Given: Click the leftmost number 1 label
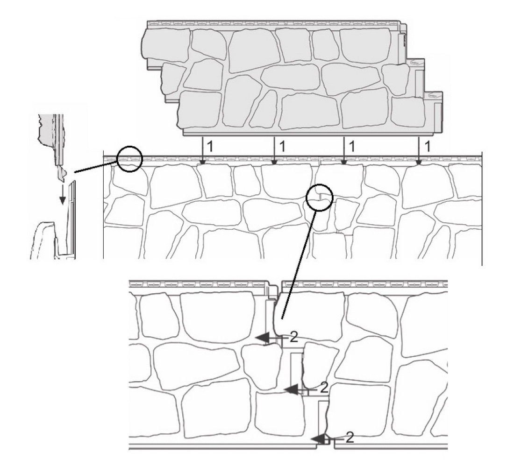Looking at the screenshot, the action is click(x=210, y=147).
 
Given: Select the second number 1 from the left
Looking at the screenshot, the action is click(x=282, y=147).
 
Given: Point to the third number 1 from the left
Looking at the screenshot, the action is click(x=352, y=147).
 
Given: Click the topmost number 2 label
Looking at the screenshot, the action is click(x=294, y=337).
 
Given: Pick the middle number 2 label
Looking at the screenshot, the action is click(x=324, y=388).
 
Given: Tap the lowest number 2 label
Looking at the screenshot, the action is click(x=350, y=438).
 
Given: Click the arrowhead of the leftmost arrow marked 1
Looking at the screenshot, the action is click(x=203, y=163).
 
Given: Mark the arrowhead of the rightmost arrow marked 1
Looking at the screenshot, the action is click(x=419, y=163).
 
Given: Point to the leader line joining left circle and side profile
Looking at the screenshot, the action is click(x=96, y=166).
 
